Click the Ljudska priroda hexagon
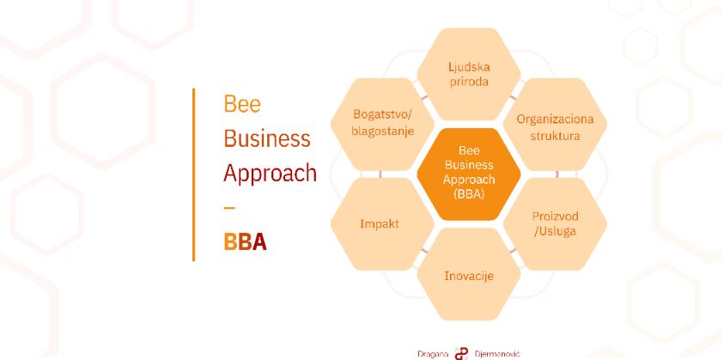[x=469, y=74]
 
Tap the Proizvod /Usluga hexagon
[x=555, y=223]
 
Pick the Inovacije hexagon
[x=469, y=274]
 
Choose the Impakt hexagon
[x=382, y=223]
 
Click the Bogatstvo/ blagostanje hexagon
[x=382, y=125]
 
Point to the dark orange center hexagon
[x=469, y=174]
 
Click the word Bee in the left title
[x=242, y=104]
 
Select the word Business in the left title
[x=267, y=138]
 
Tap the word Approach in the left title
[x=271, y=174]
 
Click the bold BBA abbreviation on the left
[x=245, y=241]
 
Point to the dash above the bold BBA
[x=229, y=208]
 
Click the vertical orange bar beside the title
[x=193, y=174]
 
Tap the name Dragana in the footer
[x=433, y=354]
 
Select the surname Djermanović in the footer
[x=497, y=354]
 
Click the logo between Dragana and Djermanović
[x=461, y=354]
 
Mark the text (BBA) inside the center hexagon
[x=469, y=194]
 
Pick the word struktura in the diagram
[x=555, y=136]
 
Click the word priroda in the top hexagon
[x=469, y=82]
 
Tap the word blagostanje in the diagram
[x=382, y=131]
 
